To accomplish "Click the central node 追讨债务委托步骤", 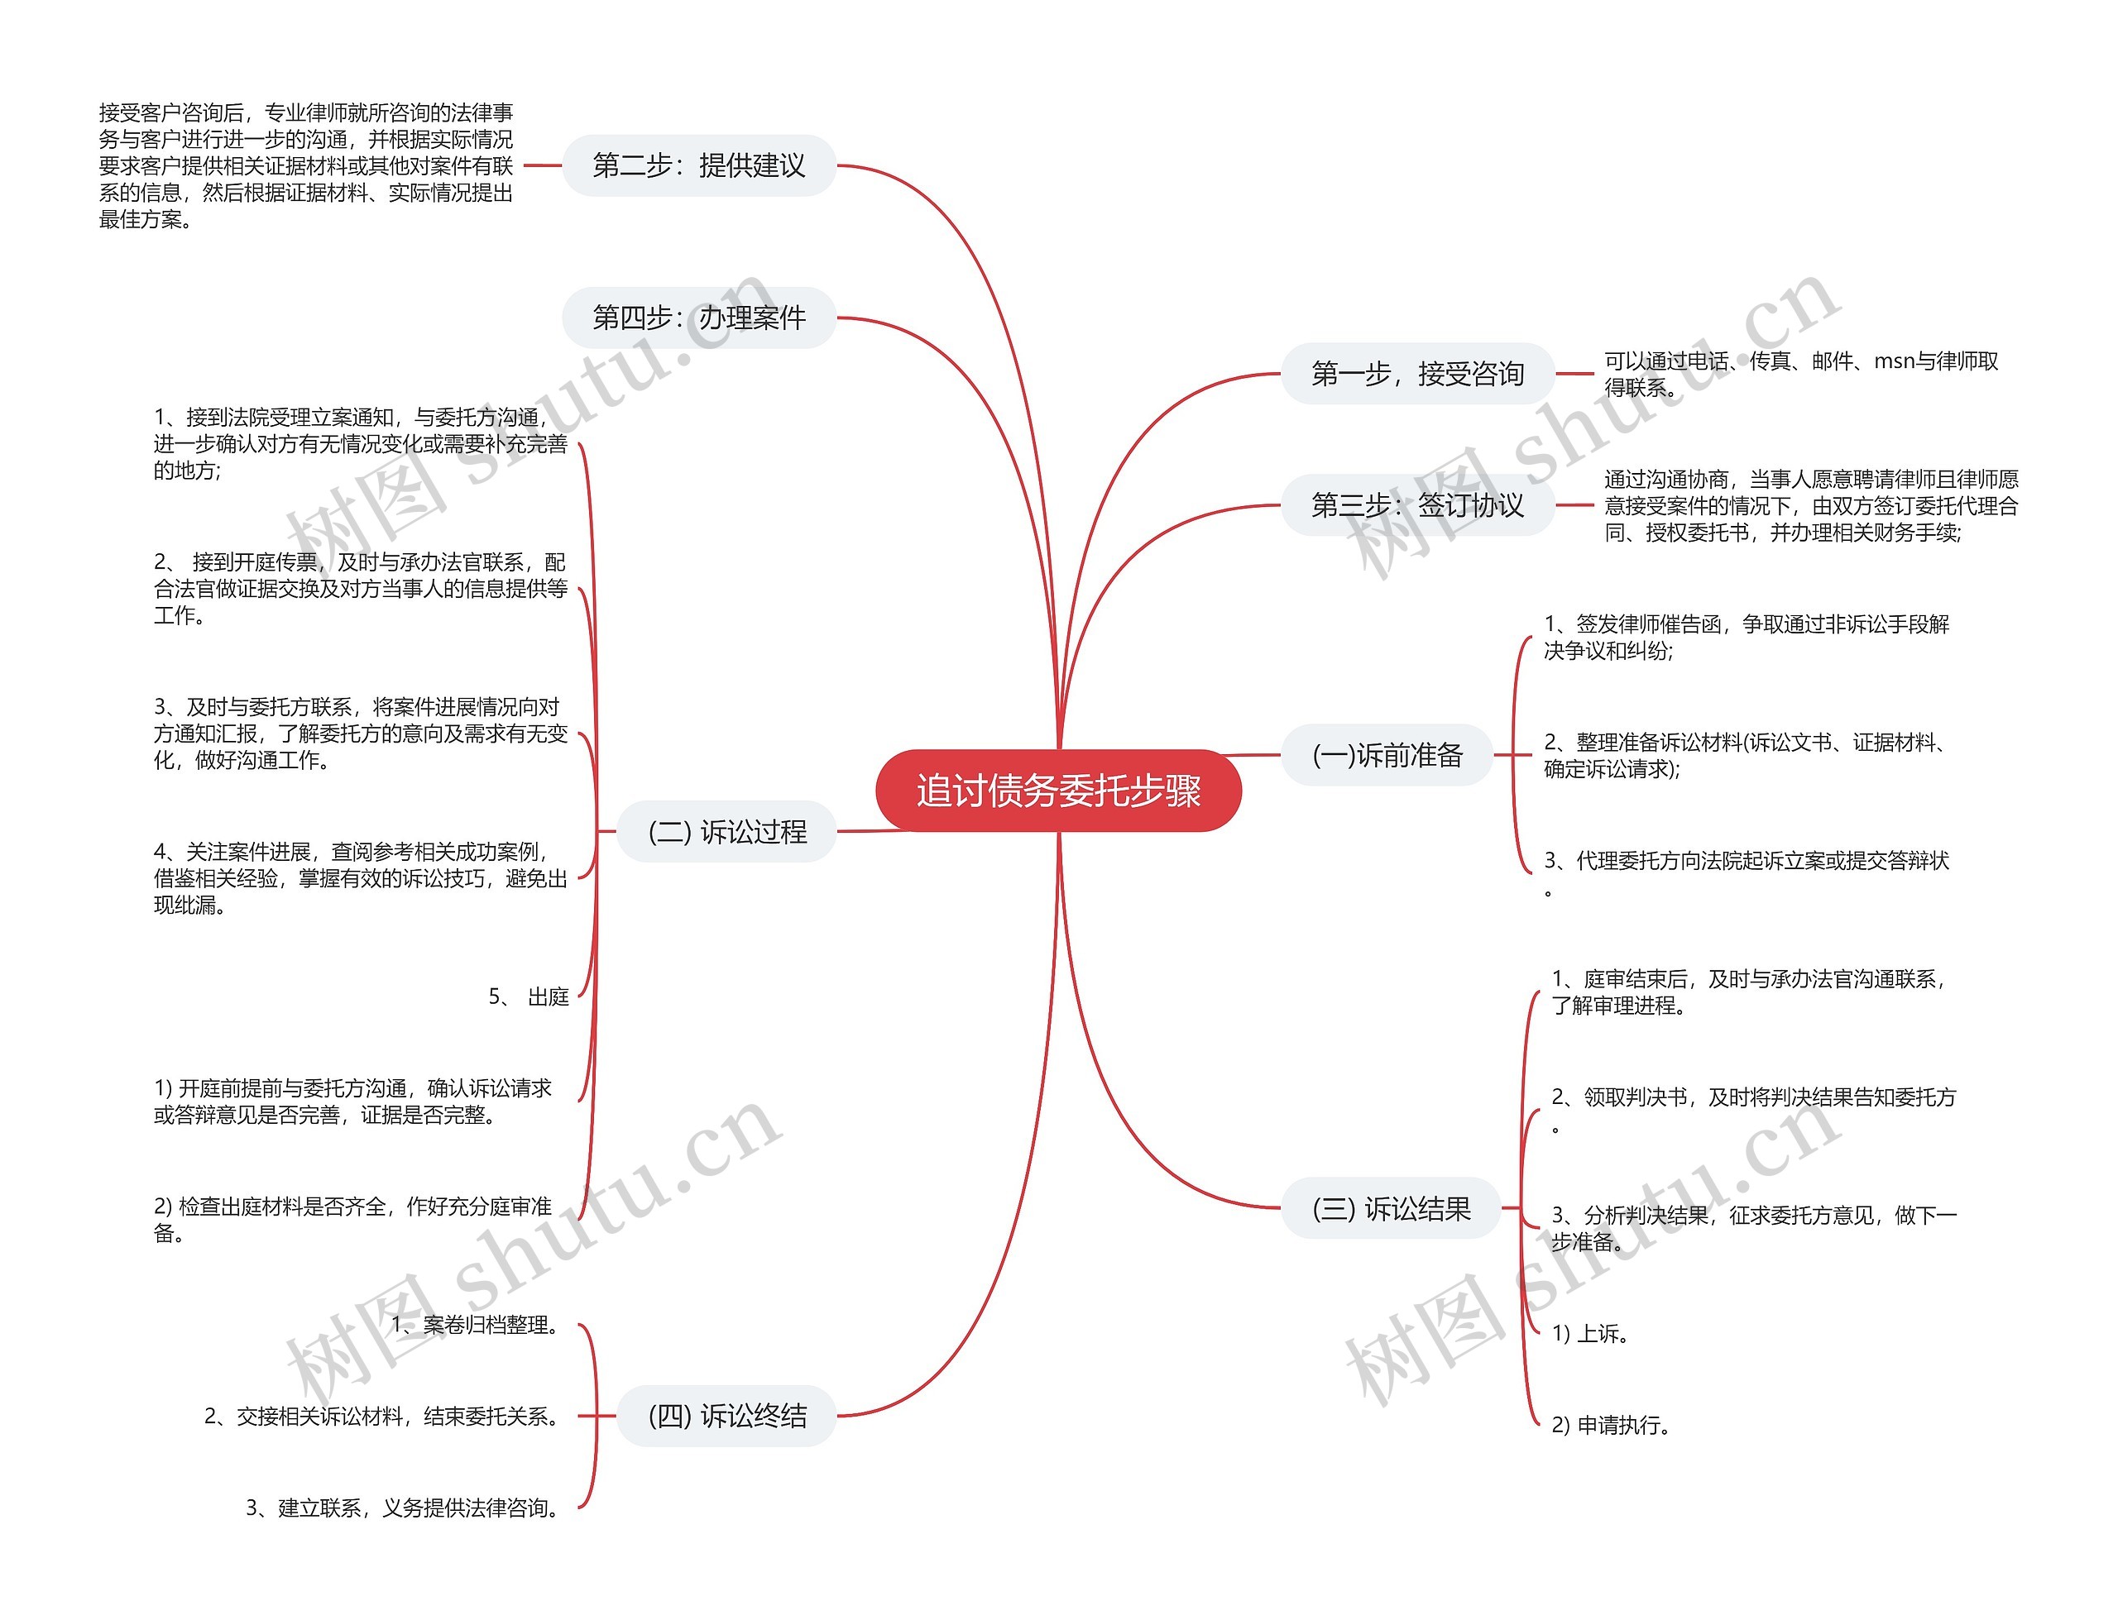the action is [x=1058, y=791].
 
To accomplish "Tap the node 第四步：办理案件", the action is [x=698, y=318].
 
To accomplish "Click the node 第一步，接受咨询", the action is [x=1416, y=373].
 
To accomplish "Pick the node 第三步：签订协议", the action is [x=1416, y=504].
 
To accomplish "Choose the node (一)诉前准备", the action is [x=1387, y=754].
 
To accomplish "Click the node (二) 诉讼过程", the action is [x=726, y=831].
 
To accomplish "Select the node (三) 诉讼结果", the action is [x=1391, y=1208].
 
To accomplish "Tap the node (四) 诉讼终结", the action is [x=726, y=1416].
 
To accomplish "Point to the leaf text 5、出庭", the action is [x=529, y=996].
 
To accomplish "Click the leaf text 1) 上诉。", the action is [x=1590, y=1334].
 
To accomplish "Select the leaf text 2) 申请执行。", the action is [x=1611, y=1424].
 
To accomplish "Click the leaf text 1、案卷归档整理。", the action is [x=477, y=1325].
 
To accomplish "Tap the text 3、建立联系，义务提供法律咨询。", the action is [x=404, y=1508].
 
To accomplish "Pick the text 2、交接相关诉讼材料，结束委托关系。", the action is [x=383, y=1416].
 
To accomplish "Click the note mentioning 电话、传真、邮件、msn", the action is [x=1800, y=374].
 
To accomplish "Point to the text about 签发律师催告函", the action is [x=1746, y=638].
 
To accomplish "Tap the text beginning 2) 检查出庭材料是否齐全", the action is [x=353, y=1219].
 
